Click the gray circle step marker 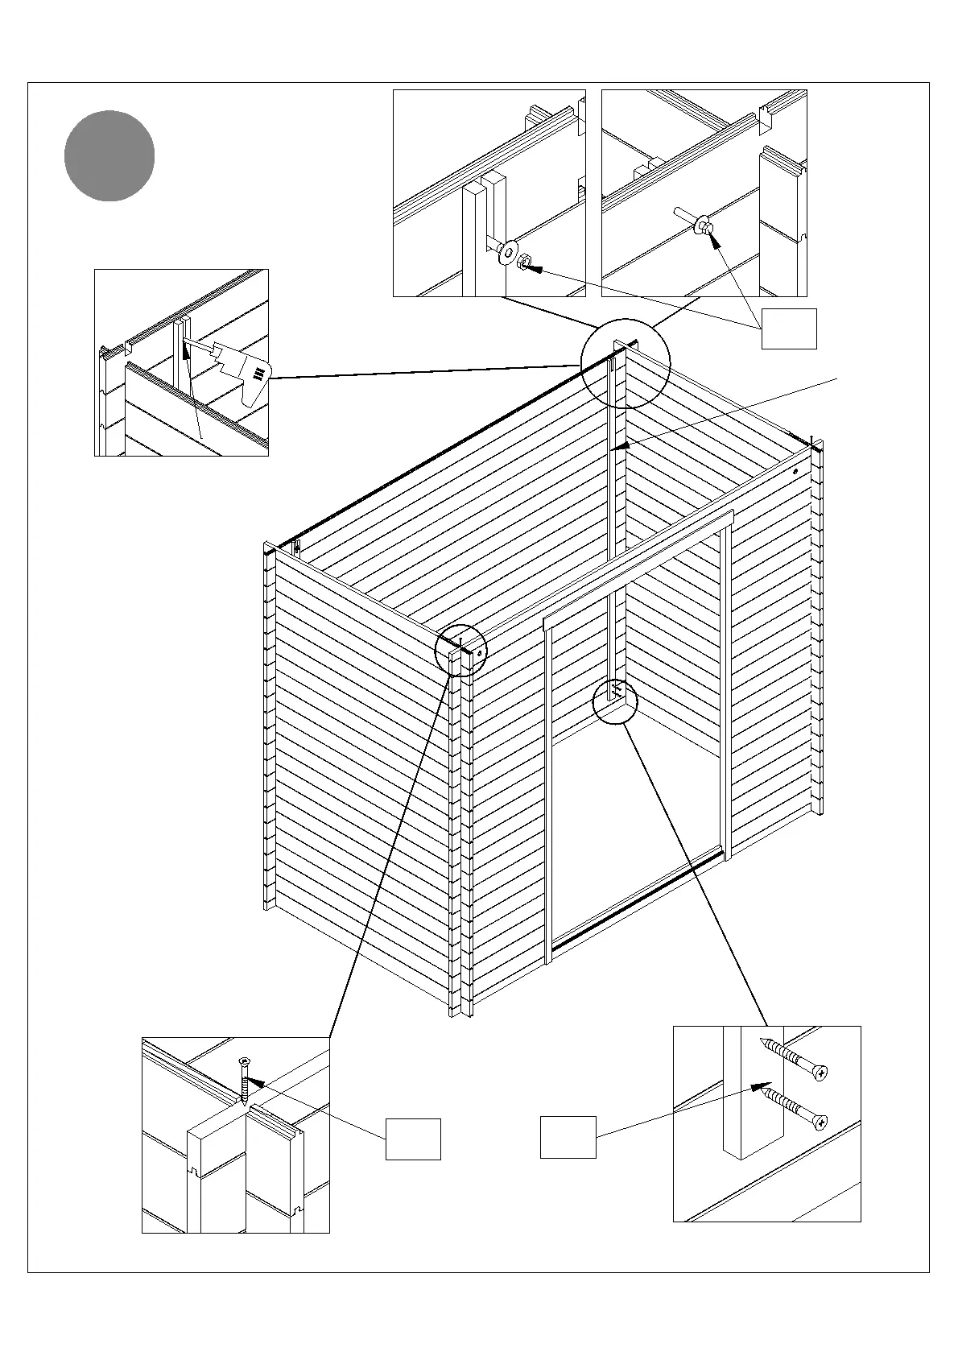109,156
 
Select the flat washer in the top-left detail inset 507,250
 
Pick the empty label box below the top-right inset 789,329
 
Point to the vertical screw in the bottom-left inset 244,1081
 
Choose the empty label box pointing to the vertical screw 413,1139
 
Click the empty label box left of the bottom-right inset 568,1137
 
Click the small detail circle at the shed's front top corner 460,650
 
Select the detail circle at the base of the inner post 614,701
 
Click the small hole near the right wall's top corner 795,471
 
